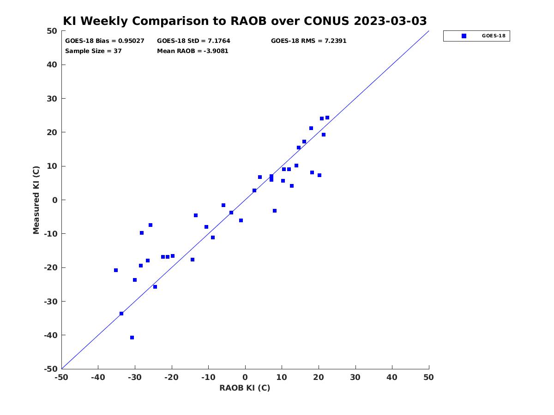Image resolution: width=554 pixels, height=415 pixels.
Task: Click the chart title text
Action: point(245,21)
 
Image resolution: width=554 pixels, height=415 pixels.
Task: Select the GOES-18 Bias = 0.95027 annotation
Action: point(104,41)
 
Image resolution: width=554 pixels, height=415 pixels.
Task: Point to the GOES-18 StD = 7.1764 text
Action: point(193,41)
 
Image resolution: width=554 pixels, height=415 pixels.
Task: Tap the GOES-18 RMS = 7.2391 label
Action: point(308,41)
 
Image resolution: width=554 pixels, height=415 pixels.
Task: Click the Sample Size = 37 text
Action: point(93,51)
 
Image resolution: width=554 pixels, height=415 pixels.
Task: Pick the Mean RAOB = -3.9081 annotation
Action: point(193,51)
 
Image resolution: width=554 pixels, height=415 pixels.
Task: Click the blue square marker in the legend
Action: point(464,36)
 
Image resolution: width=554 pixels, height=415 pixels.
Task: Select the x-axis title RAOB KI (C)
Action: point(245,388)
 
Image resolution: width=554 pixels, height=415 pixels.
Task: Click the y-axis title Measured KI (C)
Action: point(36,200)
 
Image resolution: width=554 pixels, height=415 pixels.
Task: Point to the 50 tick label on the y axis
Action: point(52,31)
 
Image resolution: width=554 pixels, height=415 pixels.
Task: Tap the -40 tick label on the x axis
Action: point(98,377)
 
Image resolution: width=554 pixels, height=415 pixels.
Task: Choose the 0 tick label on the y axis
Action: point(55,200)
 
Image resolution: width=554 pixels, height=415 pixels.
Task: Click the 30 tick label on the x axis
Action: point(355,377)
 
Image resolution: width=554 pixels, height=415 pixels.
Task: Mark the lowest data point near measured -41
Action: point(132,338)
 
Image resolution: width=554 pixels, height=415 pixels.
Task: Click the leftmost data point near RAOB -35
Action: point(116,270)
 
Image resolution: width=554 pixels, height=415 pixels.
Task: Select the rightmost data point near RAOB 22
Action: point(327,118)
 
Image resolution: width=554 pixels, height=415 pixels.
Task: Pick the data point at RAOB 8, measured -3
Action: point(275,211)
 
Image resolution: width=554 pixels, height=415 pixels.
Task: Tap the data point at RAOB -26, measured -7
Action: point(151,225)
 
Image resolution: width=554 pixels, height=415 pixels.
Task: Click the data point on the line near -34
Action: point(121,314)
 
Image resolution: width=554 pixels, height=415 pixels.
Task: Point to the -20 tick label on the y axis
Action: point(51,267)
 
